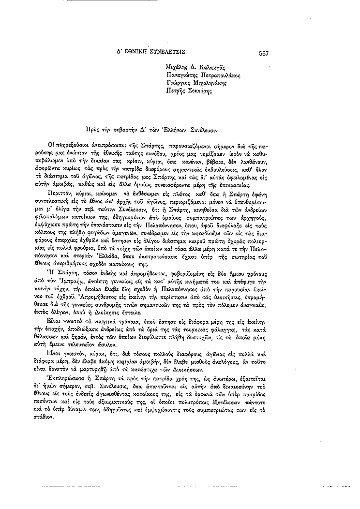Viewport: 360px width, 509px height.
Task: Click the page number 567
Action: pyautogui.click(x=264, y=53)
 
